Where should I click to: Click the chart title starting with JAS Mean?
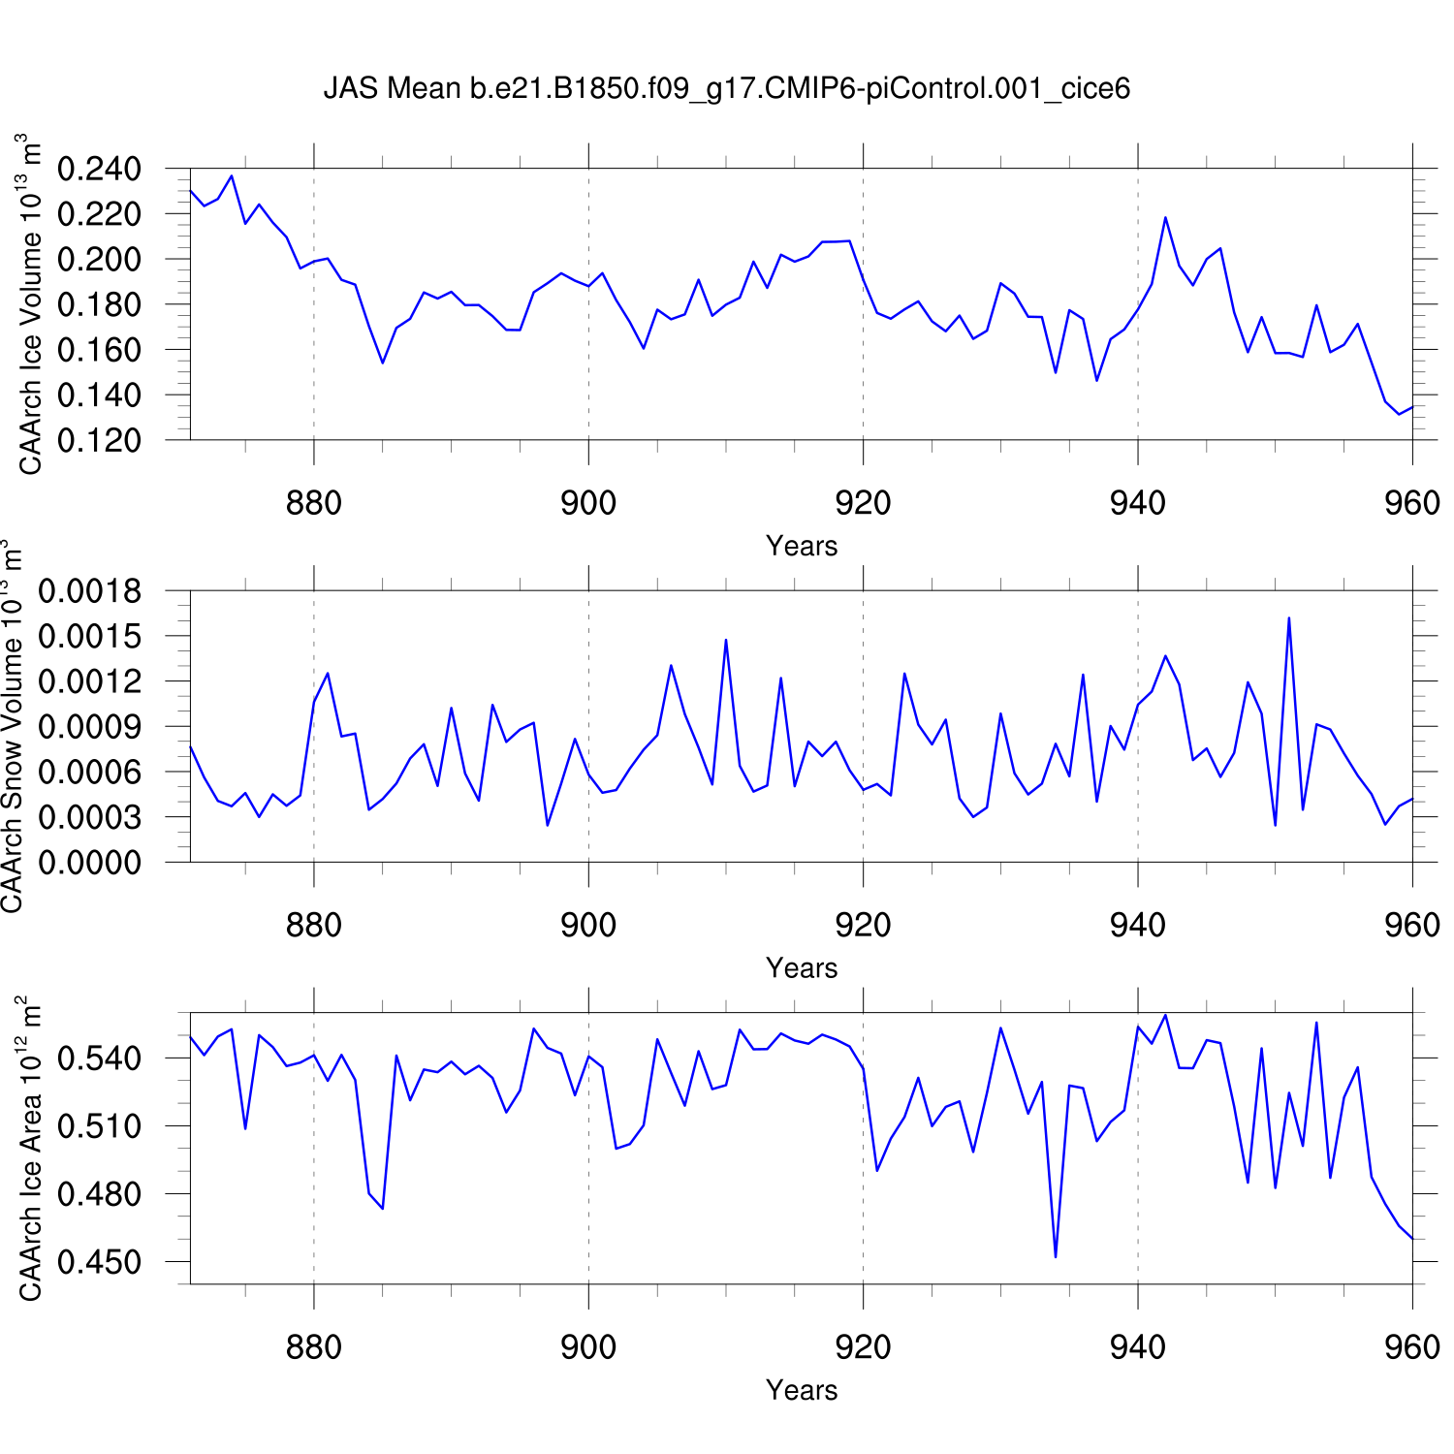click(726, 89)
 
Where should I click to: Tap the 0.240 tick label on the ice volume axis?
click(99, 169)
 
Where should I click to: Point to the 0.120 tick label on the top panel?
click(99, 440)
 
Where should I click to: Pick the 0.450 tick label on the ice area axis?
click(99, 1262)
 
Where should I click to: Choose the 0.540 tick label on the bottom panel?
click(99, 1058)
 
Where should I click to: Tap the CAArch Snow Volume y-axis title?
click(12, 727)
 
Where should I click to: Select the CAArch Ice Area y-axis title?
click(31, 1149)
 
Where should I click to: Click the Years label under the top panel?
click(802, 546)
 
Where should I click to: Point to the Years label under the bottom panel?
click(802, 1390)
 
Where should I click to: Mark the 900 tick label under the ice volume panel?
click(588, 503)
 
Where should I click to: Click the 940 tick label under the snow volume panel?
click(1137, 925)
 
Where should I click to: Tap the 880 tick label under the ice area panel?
click(314, 1347)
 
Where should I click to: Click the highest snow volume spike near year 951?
click(1289, 618)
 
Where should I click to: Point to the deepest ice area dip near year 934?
click(1056, 1256)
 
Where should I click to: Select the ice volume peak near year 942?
click(1165, 218)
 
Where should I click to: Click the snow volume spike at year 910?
click(726, 640)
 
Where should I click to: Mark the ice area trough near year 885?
click(383, 1208)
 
